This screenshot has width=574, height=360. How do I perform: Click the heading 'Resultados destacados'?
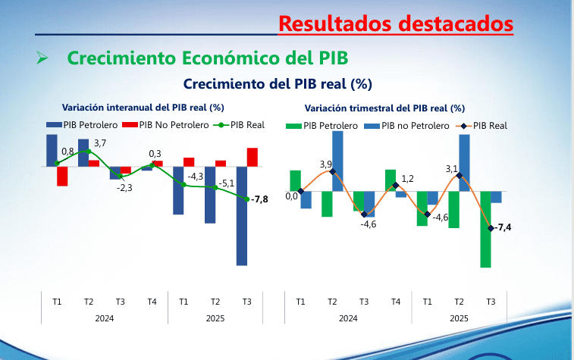pos(395,23)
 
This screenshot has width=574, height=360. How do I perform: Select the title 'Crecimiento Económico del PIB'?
pos(208,58)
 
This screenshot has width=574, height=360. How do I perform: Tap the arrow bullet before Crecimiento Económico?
pos(42,58)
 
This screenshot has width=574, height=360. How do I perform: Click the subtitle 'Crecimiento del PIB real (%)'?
pos(278,83)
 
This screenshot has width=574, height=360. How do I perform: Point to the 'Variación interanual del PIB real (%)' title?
pos(143,108)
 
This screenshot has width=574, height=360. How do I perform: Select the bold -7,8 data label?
pos(259,199)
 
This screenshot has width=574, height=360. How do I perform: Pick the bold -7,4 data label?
pos(503,227)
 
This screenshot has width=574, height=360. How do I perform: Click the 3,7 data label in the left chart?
pos(100,142)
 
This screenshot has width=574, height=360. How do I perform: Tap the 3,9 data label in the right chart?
pos(326,164)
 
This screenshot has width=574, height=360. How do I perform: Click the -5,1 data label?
pos(226,183)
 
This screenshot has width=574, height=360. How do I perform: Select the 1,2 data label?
pos(407,179)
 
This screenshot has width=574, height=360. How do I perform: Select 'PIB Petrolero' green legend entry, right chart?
pos(324,126)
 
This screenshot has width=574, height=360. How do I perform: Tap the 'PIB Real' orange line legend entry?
pos(485,126)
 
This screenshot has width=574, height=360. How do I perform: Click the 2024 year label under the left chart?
pos(105,318)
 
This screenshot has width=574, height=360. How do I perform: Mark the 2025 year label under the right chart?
pos(459,318)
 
